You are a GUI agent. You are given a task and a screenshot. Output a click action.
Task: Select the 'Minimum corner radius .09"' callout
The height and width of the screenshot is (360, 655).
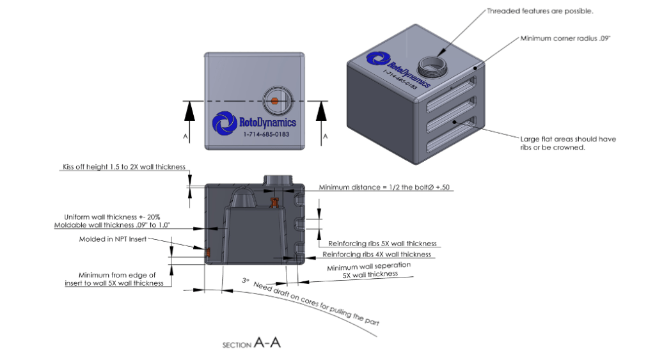pos(565,39)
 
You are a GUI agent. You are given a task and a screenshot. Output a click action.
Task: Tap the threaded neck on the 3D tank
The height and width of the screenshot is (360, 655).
pos(429,65)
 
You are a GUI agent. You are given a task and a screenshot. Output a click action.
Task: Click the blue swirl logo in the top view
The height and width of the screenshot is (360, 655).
pos(224,123)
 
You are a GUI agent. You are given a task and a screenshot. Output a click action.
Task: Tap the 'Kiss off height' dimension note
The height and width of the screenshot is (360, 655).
pos(123,168)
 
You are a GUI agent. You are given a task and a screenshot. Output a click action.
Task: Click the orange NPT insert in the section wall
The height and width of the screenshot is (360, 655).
pos(208,254)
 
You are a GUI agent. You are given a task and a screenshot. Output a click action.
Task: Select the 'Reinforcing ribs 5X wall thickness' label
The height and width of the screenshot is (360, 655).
pos(382,244)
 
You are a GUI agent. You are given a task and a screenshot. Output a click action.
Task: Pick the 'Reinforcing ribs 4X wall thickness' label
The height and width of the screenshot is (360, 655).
pos(377,254)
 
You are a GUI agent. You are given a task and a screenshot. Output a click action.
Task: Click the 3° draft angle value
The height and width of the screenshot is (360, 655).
pos(245,280)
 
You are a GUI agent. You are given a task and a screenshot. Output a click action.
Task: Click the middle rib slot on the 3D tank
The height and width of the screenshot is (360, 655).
pos(454,121)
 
